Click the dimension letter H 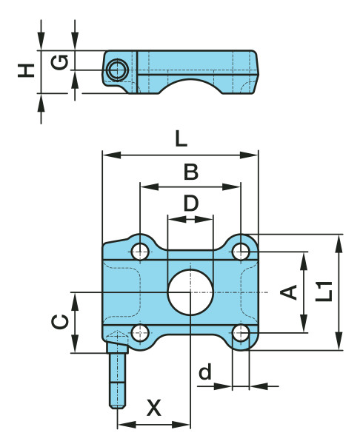tap(26, 70)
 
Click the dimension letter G tap(59, 62)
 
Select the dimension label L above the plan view tap(181, 139)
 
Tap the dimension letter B tap(191, 172)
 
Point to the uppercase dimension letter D tap(191, 203)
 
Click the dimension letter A tap(289, 292)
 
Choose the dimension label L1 tap(324, 291)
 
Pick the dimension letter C tap(60, 322)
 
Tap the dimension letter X tap(154, 408)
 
